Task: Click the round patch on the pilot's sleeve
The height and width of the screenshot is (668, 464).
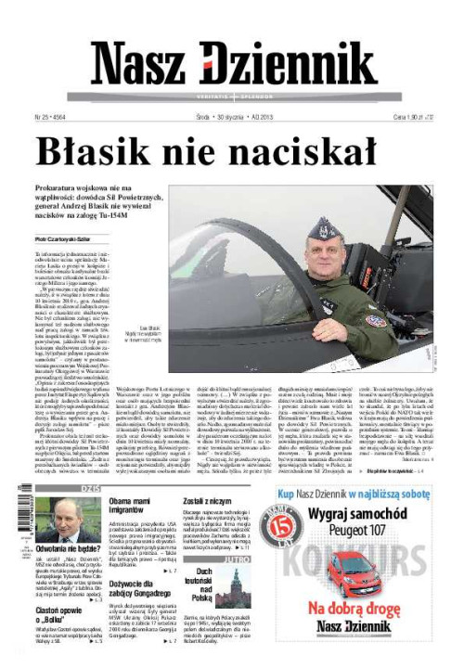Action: [x=376, y=321]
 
